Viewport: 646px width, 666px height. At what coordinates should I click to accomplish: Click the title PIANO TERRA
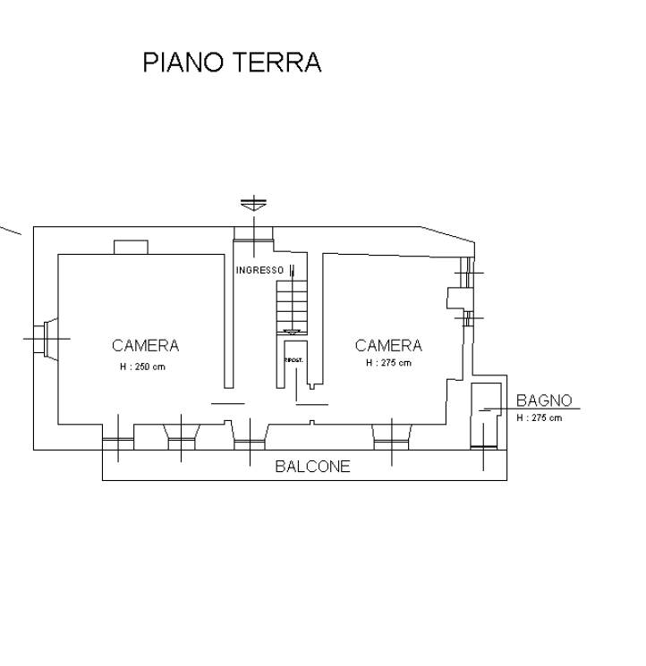click(x=232, y=63)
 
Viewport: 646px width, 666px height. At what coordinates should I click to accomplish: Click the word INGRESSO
click(x=259, y=270)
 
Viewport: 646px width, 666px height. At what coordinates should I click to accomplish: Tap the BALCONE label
click(x=312, y=467)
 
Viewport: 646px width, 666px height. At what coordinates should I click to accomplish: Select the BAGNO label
click(x=543, y=400)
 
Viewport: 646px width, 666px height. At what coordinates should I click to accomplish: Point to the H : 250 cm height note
click(x=143, y=367)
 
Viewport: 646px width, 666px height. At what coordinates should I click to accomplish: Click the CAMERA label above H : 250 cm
click(x=145, y=346)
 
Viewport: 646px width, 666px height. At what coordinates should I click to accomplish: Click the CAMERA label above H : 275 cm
click(x=388, y=346)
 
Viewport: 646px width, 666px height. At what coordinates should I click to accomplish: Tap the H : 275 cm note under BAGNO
click(x=540, y=417)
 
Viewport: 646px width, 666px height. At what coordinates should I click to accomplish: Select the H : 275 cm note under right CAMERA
click(x=388, y=363)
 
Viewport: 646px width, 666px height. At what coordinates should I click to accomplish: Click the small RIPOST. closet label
click(x=293, y=360)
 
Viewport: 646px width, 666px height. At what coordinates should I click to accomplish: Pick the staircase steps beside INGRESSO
click(x=292, y=304)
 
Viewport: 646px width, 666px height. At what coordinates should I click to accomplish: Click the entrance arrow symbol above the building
click(x=253, y=204)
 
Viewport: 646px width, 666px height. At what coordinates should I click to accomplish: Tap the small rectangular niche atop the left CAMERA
click(x=131, y=247)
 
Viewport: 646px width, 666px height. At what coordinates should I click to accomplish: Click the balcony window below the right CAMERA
click(x=391, y=435)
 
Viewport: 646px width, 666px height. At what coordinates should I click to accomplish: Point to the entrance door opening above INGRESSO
click(x=253, y=233)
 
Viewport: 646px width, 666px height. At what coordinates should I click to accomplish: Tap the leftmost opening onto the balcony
click(x=118, y=439)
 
